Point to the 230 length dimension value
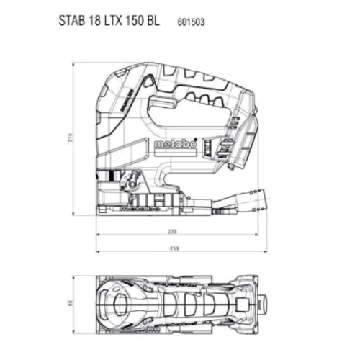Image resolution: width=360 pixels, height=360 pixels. point(172,233)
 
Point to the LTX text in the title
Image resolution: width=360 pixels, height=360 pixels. point(112,21)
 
